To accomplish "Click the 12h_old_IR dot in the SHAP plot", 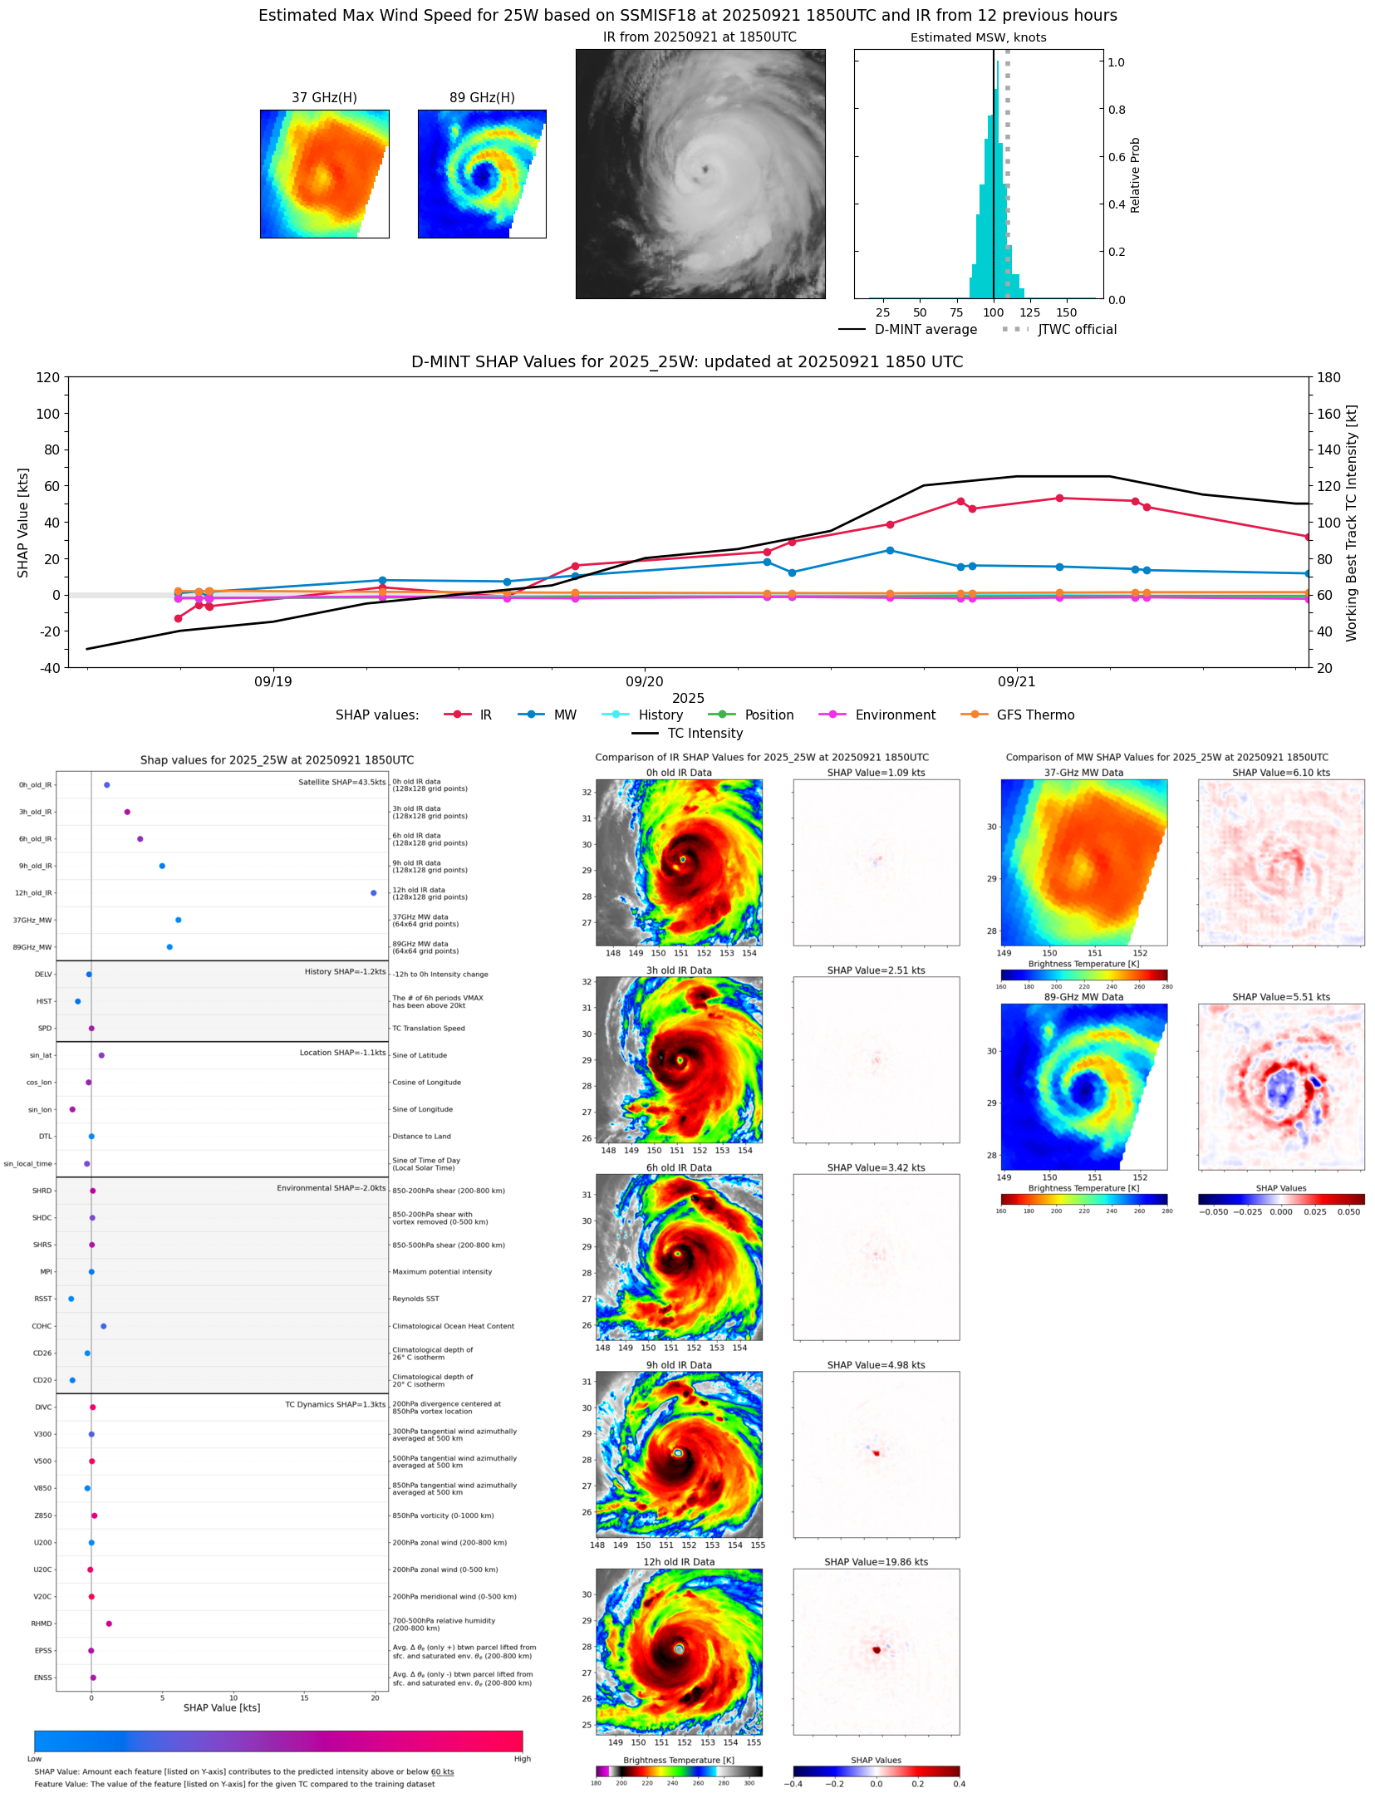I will pos(373,892).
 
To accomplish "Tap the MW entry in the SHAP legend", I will pos(564,715).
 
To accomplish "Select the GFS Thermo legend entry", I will pos(1034,715).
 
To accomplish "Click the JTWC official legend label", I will pos(1076,329).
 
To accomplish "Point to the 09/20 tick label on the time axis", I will pos(644,681).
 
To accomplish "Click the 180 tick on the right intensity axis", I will pos(1328,377).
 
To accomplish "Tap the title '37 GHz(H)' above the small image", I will pos(324,97).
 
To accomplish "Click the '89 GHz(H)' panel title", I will pos(482,97).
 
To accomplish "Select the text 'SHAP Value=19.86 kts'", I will pos(876,1561).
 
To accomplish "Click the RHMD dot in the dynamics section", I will pos(109,1623).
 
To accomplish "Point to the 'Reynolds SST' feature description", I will pos(415,1298).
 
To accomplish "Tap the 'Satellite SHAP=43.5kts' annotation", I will pos(341,782).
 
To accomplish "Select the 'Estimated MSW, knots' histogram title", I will pos(978,37).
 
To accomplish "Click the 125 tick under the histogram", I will pos(1029,312).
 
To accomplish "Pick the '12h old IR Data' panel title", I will pos(679,1561).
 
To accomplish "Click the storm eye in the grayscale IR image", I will pos(705,169).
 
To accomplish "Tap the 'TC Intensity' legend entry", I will pos(705,733).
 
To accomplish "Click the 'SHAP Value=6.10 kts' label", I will pos(1280,773).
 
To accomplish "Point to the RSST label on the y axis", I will pos(42,1298).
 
